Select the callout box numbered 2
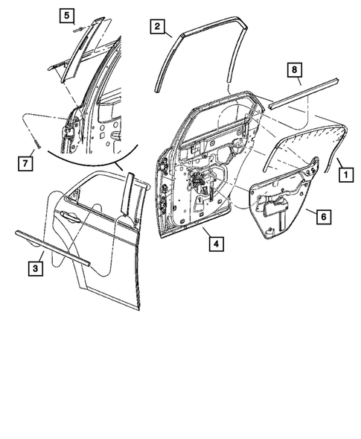click(157, 27)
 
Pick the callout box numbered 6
click(322, 217)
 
